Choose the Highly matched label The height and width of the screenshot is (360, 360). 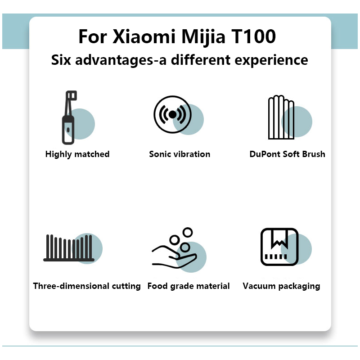[77, 154]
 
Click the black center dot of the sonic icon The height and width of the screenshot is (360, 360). [172, 114]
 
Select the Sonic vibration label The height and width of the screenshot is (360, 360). [180, 154]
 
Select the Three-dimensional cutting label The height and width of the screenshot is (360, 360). [87, 286]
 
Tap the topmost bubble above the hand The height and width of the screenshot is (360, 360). [188, 232]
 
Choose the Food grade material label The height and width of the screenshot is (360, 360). [189, 286]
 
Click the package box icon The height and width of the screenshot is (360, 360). [279, 247]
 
